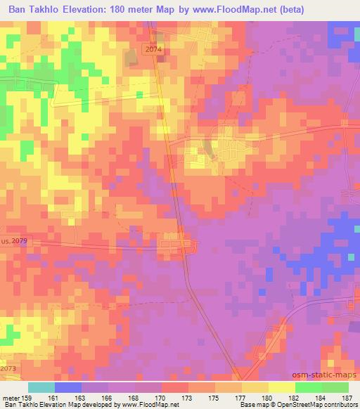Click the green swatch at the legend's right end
pos(335,387)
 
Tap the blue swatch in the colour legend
pos(67,387)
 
